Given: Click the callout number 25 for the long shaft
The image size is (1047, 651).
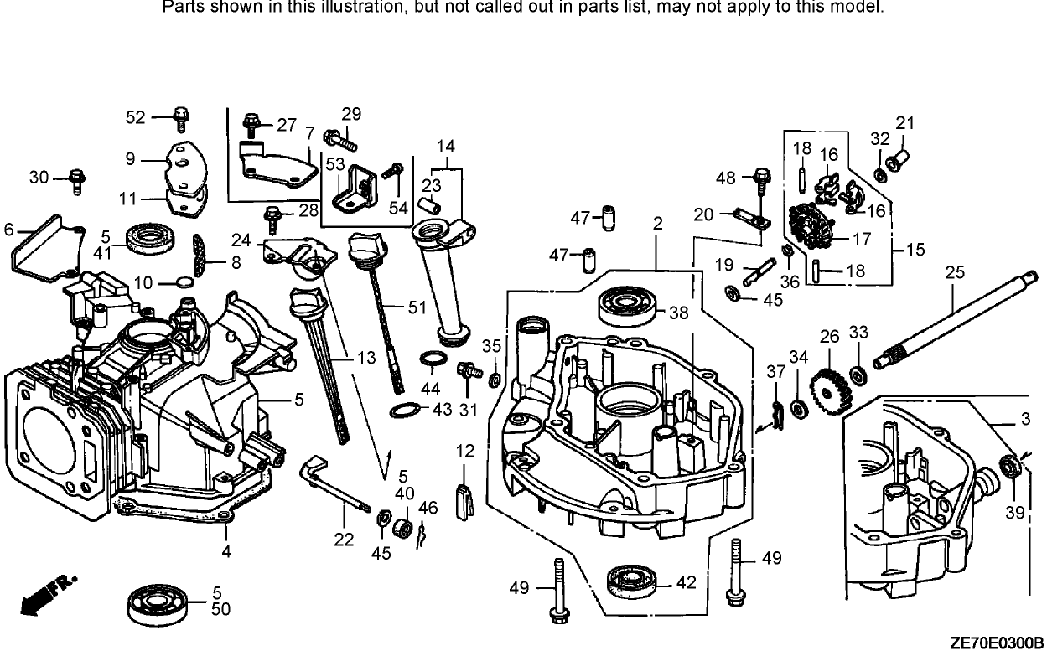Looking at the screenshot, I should (955, 271).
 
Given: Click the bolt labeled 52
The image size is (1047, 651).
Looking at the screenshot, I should (179, 119).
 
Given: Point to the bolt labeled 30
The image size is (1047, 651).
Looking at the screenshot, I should (77, 178).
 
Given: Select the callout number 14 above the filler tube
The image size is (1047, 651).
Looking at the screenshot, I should (447, 146).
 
